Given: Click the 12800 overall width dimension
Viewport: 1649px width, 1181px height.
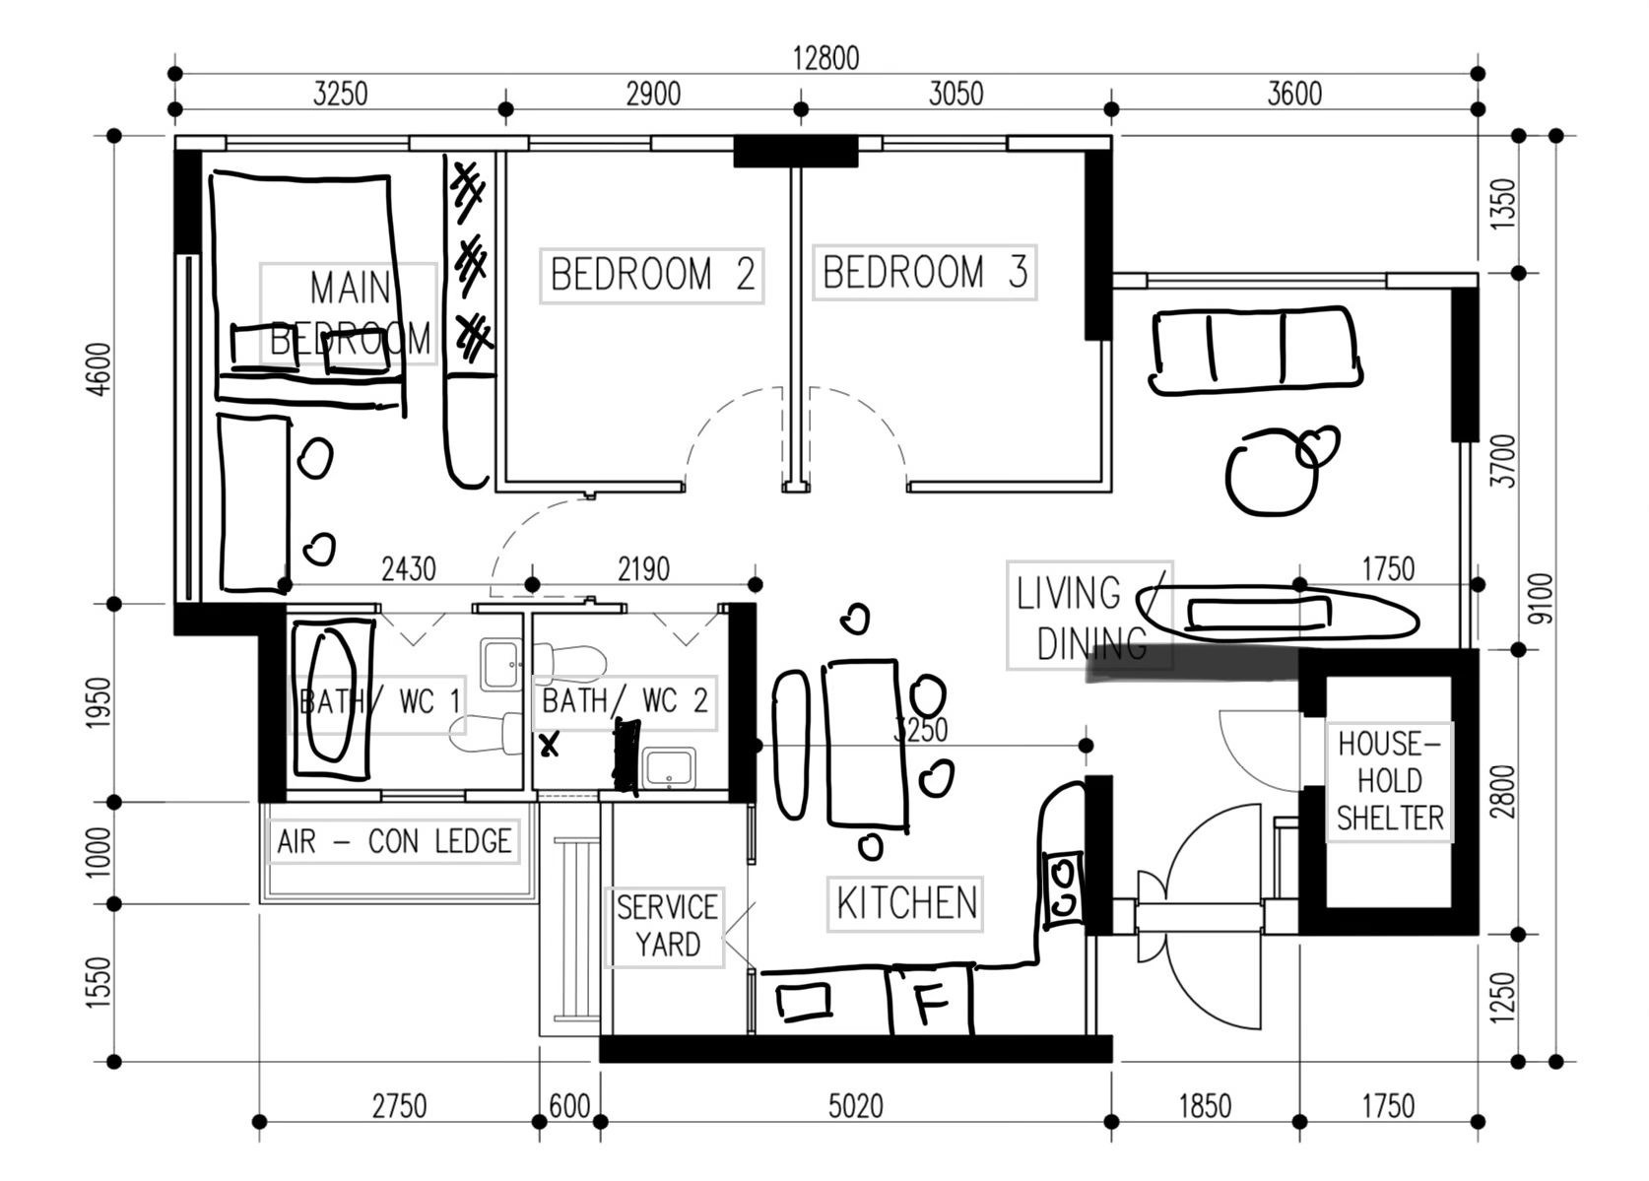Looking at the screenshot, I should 825,58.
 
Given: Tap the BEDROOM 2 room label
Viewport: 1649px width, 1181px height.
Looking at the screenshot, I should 652,275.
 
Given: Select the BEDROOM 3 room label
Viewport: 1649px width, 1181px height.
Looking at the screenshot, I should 924,273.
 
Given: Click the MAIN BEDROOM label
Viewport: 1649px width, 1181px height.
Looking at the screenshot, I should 349,313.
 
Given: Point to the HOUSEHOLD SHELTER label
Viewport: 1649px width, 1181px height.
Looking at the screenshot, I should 1389,781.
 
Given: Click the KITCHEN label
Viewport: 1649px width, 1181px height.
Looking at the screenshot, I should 905,903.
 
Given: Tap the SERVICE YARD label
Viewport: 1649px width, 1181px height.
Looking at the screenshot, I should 666,925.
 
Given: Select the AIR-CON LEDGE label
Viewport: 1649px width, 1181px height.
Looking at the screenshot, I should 394,842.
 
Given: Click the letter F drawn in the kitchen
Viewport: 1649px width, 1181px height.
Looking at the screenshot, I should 930,1002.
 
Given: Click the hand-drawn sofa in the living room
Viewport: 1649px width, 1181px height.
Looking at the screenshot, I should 1256,350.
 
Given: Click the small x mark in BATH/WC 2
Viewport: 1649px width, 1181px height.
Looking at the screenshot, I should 550,746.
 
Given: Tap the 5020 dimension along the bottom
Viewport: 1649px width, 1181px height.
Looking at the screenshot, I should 855,1106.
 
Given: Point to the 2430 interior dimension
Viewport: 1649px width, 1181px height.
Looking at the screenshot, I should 408,569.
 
